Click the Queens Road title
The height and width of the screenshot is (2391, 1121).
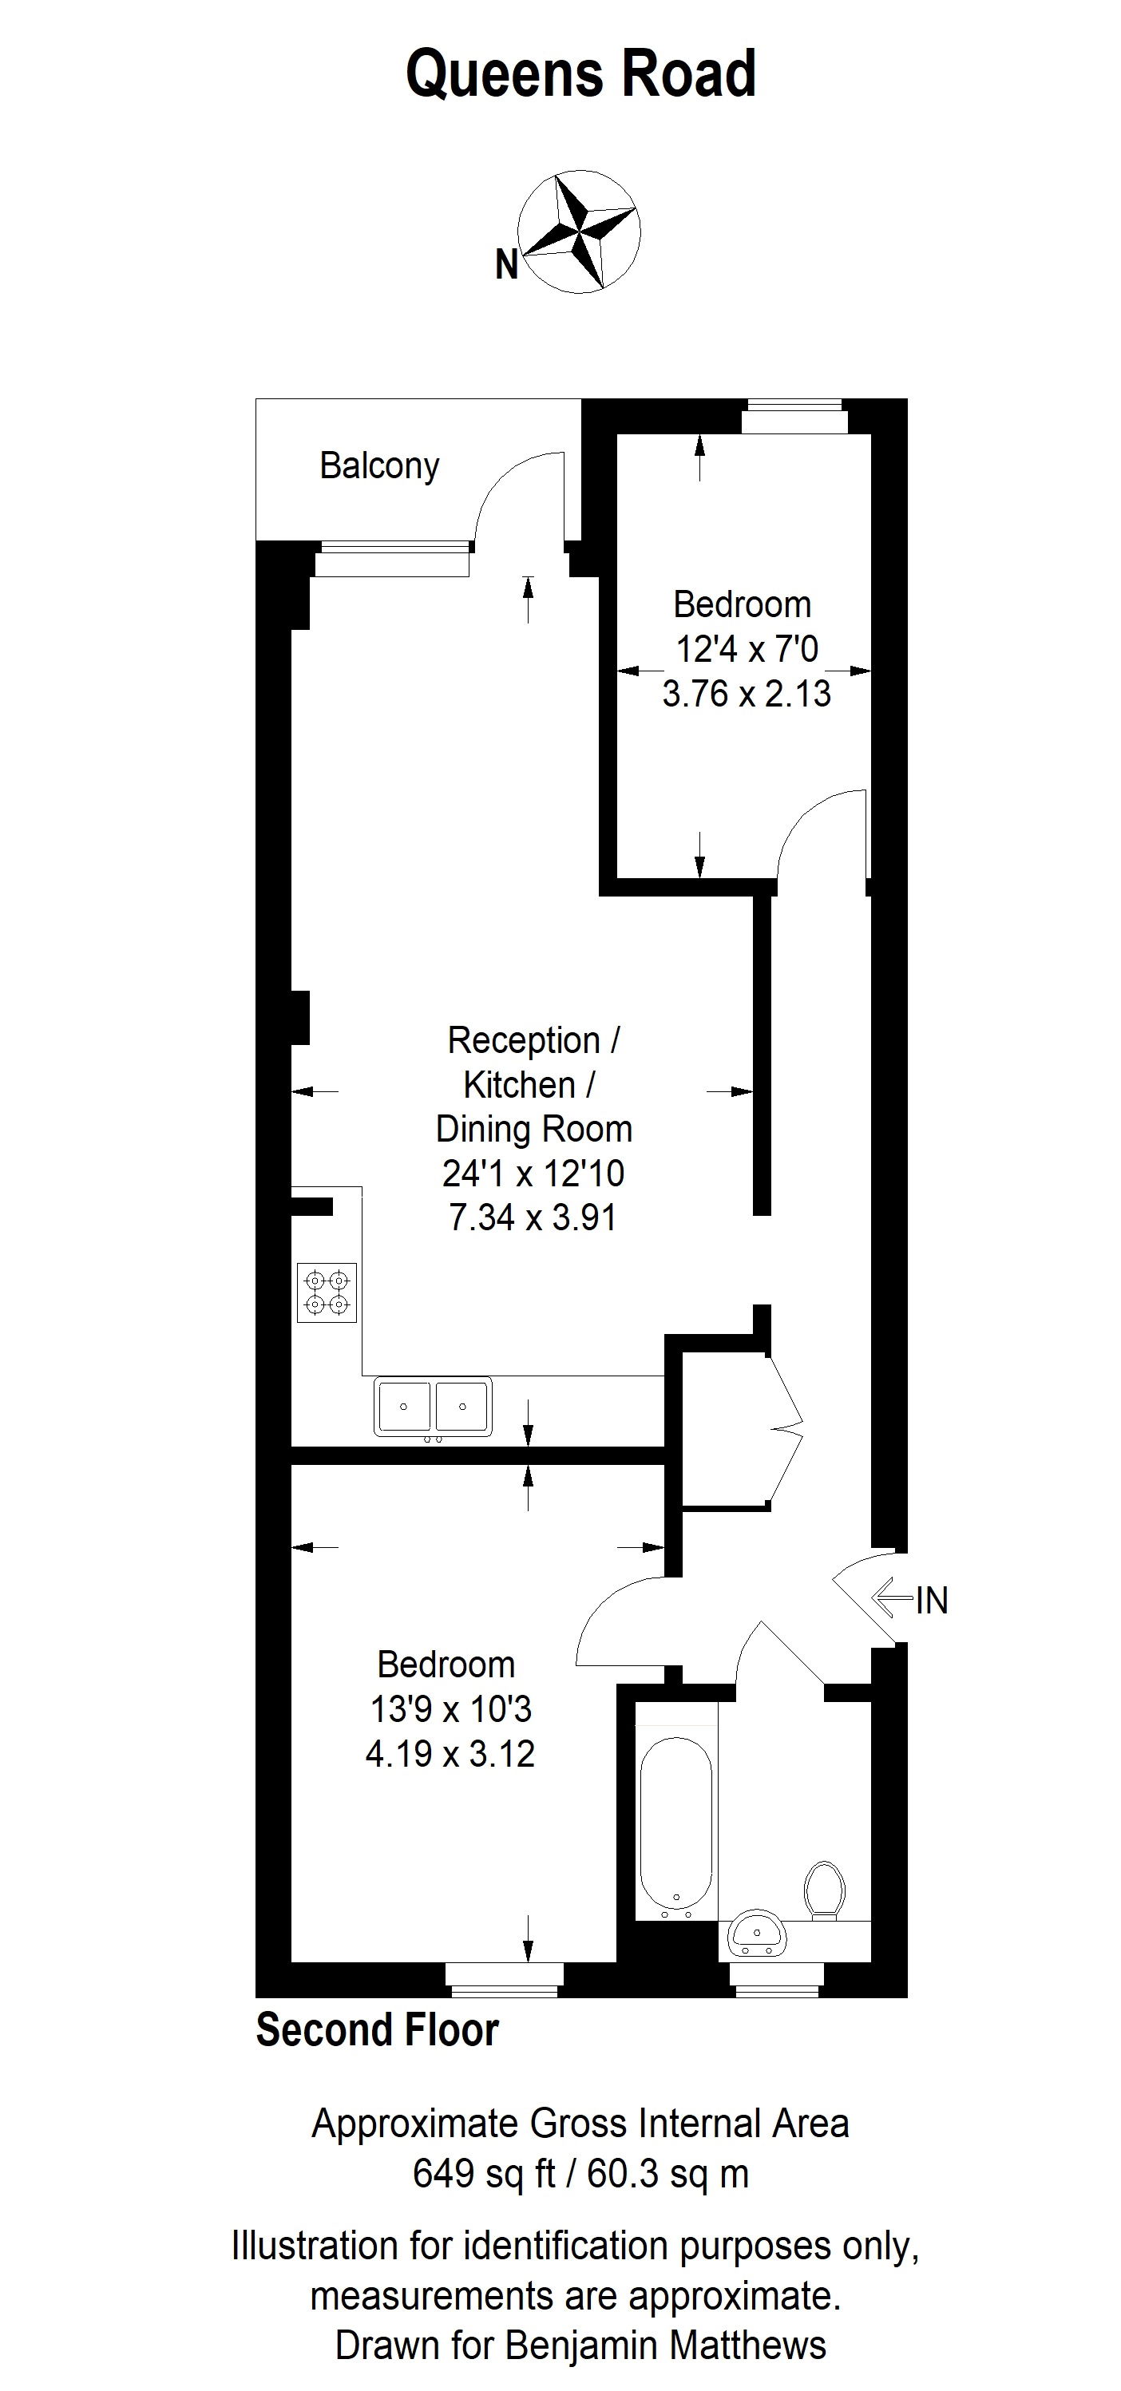point(581,74)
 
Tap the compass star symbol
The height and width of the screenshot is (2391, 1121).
point(579,232)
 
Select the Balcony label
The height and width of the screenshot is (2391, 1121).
point(378,465)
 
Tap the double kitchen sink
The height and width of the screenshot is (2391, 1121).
point(433,1407)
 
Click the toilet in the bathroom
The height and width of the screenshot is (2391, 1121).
point(823,1890)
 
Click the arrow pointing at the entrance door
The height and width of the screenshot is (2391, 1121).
point(893,1597)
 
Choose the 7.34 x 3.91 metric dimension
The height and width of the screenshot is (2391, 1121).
point(533,1217)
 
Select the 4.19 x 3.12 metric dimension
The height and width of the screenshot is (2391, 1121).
point(450,1754)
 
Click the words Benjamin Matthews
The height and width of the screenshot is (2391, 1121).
point(664,2345)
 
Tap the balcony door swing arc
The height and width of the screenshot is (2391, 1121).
point(516,492)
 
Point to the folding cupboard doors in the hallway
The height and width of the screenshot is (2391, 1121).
point(783,1427)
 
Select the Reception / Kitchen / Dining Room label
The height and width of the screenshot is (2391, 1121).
point(533,1084)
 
